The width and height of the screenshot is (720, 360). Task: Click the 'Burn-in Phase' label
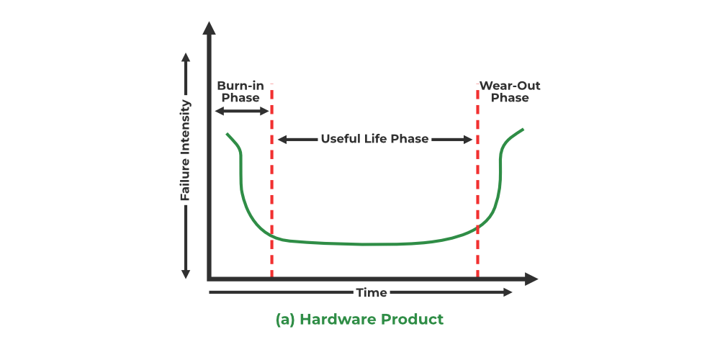tap(240, 91)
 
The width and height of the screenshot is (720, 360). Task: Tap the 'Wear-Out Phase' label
tap(510, 91)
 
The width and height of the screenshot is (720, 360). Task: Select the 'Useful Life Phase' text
tap(374, 139)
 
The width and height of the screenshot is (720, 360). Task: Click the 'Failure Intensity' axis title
tap(186, 150)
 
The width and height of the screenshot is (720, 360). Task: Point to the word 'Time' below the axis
tap(372, 292)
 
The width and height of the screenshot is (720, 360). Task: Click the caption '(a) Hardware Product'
tap(360, 319)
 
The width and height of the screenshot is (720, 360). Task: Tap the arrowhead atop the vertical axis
tap(209, 29)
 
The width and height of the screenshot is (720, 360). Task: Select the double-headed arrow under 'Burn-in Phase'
tap(241, 111)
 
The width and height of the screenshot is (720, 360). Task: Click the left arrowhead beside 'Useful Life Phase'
tap(282, 139)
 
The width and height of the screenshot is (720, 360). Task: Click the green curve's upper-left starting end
tap(228, 134)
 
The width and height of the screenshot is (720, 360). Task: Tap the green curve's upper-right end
tap(523, 130)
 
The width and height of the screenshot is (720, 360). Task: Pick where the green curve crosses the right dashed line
tap(477, 228)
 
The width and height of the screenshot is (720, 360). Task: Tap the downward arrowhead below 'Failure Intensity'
tap(186, 274)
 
